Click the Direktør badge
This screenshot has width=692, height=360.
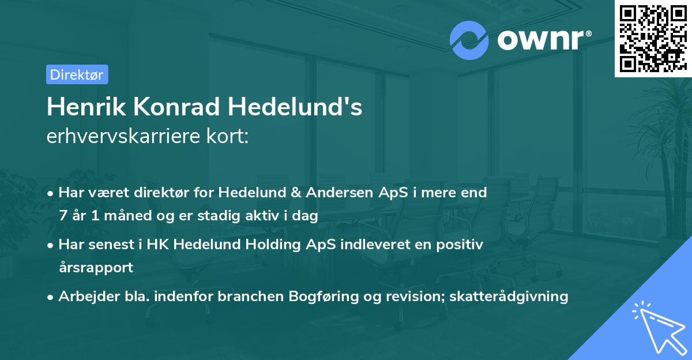coord(77,74)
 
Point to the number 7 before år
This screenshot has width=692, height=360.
coord(62,216)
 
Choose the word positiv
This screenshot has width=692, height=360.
coord(460,245)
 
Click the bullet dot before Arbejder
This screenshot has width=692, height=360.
coord(51,297)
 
